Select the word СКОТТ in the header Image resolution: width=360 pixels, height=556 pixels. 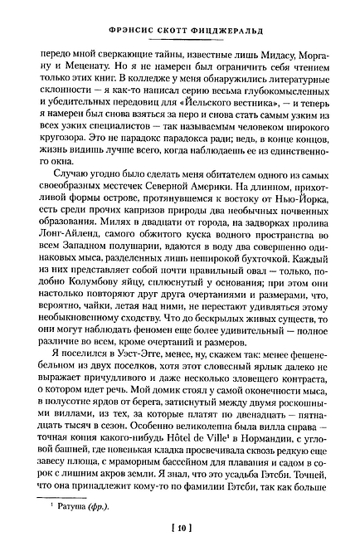click(x=172, y=27)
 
